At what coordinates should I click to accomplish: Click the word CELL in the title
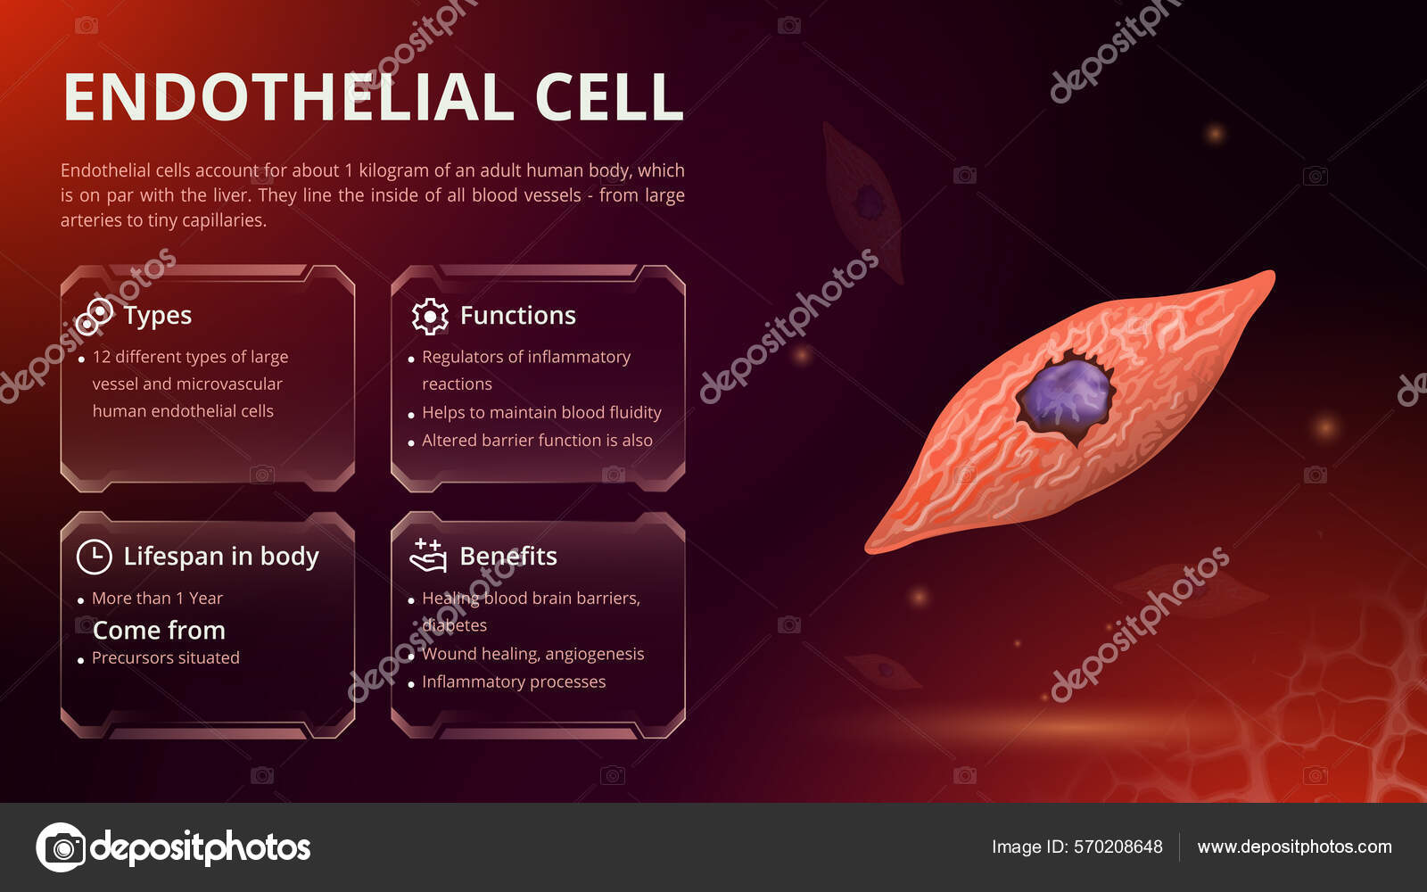coord(609,97)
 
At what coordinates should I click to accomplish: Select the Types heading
coord(158,315)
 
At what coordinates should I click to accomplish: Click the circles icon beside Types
coord(94,316)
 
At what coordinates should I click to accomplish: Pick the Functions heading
coord(517,315)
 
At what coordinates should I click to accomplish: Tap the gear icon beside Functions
coord(430,316)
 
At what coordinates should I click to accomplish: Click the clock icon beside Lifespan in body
coord(94,557)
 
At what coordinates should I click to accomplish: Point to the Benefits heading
coord(507,556)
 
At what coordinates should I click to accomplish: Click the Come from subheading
coord(159,630)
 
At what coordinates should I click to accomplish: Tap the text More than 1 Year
coord(157,598)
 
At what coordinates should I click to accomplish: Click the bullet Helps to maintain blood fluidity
coord(541,412)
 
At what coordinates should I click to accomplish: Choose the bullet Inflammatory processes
coord(514,681)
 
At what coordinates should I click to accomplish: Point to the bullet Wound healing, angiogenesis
coord(532,654)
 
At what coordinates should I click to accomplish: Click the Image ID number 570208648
coord(1118,847)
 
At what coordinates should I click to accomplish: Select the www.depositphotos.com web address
coord(1294,847)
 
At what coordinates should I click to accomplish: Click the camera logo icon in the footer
coord(61,847)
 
